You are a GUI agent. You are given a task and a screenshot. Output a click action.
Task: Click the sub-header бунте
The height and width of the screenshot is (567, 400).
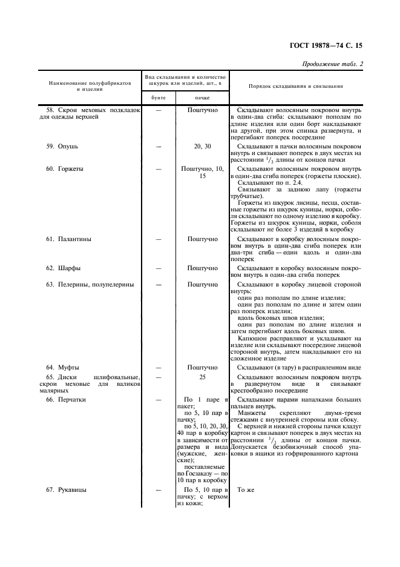pyautogui.click(x=158, y=98)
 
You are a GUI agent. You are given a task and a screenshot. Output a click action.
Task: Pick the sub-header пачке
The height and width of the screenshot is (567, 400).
pyautogui.click(x=202, y=98)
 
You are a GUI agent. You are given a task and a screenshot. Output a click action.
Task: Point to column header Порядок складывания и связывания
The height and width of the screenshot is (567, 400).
pyautogui.click(x=296, y=86)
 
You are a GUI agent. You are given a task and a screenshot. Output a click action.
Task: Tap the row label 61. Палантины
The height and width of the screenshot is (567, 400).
pyautogui.click(x=68, y=239)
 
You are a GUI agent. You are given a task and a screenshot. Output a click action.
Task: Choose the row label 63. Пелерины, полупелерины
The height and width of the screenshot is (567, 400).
pyautogui.click(x=90, y=283)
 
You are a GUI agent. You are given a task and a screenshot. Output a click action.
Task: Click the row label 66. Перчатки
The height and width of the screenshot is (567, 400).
pyautogui.click(x=66, y=400)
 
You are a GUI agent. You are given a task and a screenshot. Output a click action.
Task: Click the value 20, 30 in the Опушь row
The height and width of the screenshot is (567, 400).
pyautogui.click(x=202, y=146)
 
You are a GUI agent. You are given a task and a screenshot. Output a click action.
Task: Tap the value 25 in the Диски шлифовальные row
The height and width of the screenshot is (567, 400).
pyautogui.click(x=202, y=377)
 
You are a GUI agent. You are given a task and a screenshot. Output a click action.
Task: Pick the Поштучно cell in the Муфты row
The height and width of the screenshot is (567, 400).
pyautogui.click(x=202, y=367)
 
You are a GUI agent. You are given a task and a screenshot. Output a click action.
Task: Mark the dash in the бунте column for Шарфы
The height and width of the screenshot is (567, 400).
pyautogui.click(x=158, y=268)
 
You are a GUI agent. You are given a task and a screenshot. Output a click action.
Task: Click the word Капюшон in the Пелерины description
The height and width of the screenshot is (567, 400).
pyautogui.click(x=251, y=338)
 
